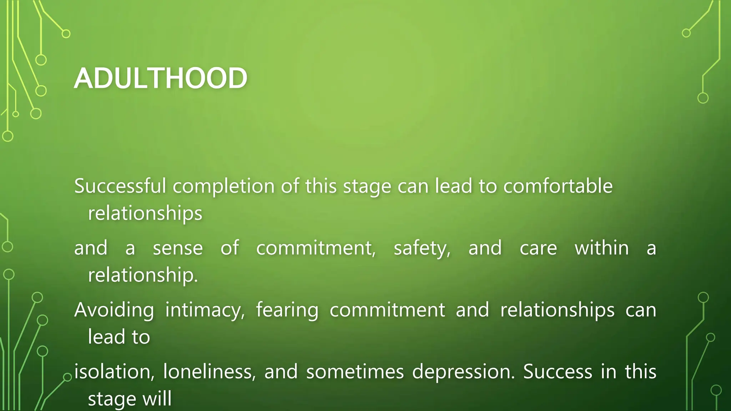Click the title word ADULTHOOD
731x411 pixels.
click(161, 78)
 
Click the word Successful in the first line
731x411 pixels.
click(120, 186)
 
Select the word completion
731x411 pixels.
click(224, 187)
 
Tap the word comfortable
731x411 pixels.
click(558, 186)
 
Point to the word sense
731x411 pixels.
click(178, 248)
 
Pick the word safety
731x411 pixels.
click(422, 249)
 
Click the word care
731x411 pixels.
click(538, 248)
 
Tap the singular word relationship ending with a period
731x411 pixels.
click(143, 275)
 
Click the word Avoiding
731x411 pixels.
click(114, 310)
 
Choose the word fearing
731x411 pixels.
click(287, 310)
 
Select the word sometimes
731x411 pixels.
click(355, 372)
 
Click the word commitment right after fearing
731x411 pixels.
click(387, 310)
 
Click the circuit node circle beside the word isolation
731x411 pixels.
click(67, 377)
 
